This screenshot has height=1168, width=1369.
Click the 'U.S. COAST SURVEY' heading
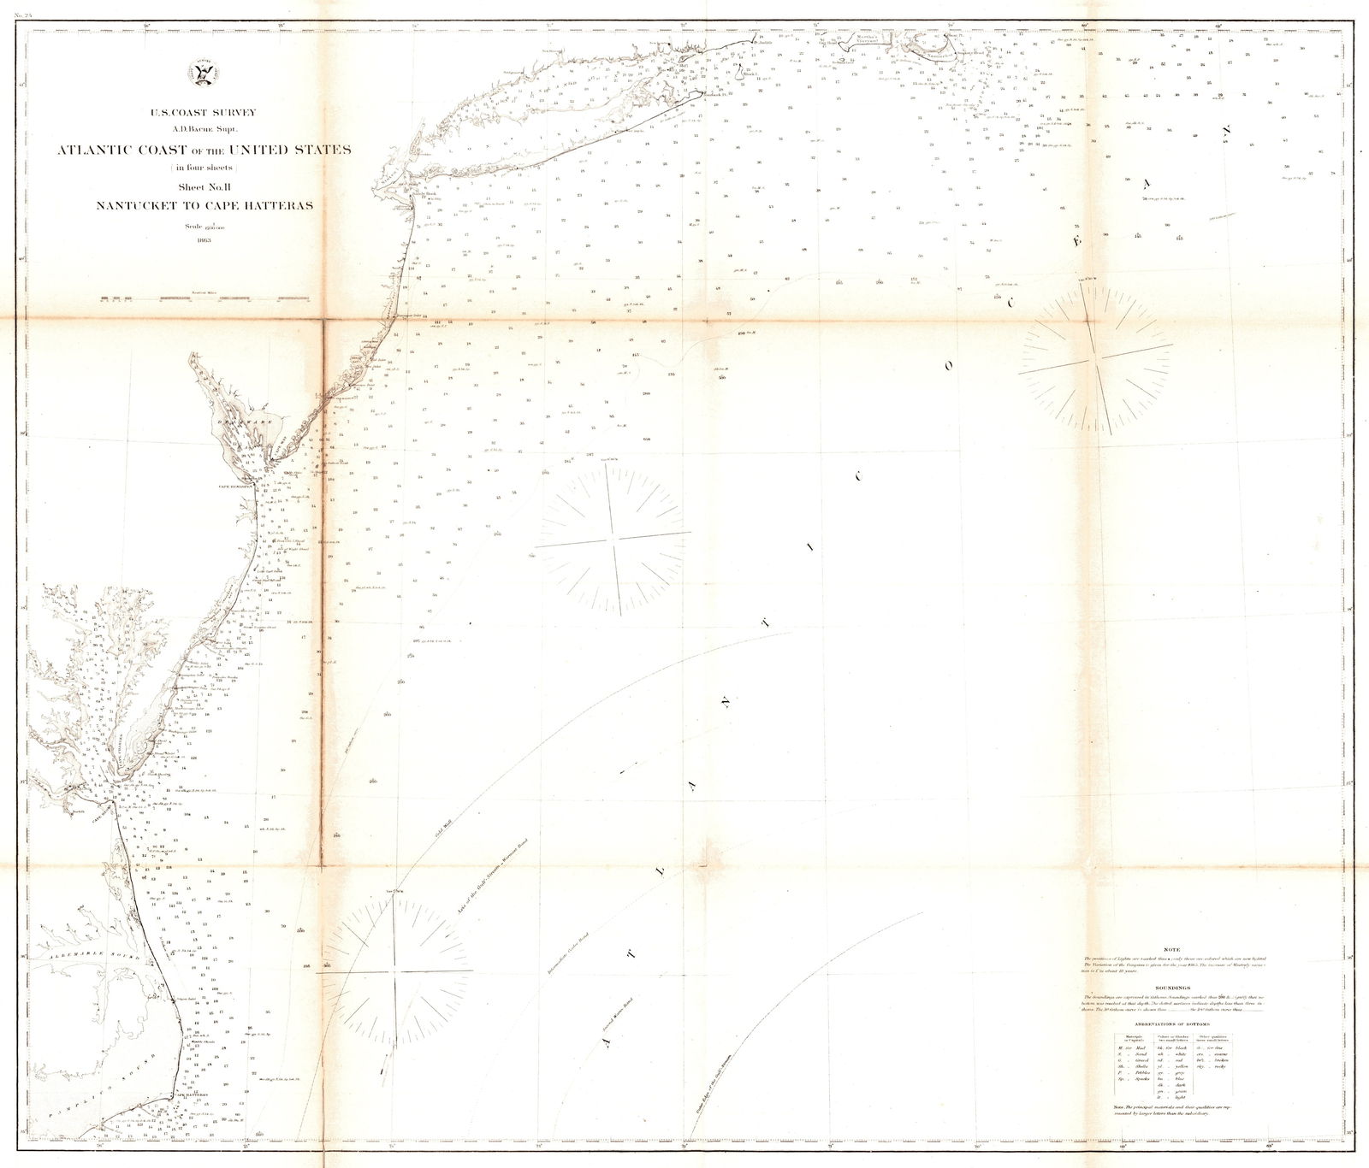point(204,113)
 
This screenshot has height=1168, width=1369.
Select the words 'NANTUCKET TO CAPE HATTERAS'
point(204,205)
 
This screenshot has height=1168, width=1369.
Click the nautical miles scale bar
point(204,298)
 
